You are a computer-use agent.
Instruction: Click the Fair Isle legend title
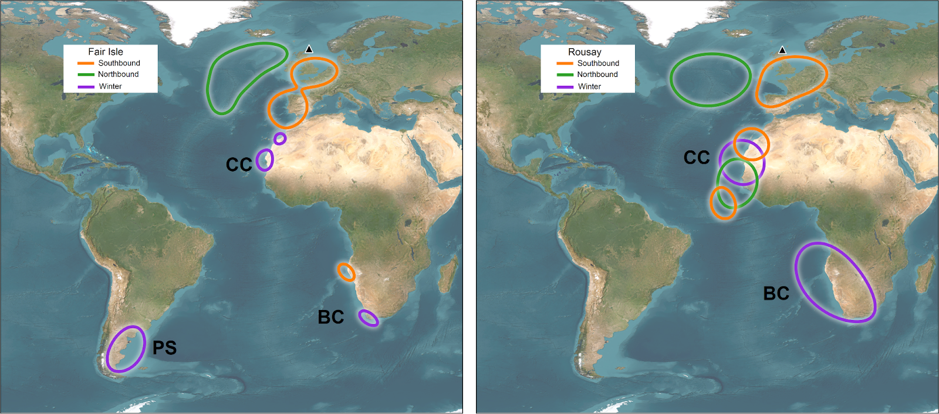coord(106,52)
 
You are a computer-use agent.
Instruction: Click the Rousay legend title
coord(585,52)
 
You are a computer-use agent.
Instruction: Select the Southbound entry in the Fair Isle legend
coord(119,63)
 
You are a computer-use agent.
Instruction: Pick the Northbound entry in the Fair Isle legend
coord(118,75)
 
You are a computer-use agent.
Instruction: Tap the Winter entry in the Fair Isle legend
coord(110,86)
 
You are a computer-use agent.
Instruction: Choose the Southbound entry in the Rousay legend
coord(597,63)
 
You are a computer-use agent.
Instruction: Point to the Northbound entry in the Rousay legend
coord(597,75)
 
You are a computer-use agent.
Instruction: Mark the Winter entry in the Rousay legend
coord(589,86)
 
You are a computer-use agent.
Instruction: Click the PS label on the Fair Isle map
coord(164,348)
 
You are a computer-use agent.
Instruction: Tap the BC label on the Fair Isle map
coord(330,317)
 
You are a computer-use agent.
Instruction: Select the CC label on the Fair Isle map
coord(239,164)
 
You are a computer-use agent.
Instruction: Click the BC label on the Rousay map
coord(776,293)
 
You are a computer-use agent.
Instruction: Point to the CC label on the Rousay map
coord(697,157)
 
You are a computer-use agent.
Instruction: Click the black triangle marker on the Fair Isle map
coord(309,49)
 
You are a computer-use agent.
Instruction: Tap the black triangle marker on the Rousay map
coord(782,51)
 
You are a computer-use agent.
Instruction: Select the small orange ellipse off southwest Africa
coord(346,272)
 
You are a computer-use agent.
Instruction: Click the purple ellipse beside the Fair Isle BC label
coord(369,318)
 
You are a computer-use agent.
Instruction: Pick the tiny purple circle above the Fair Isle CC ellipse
coord(280,139)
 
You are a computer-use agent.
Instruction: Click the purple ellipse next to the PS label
coord(125,349)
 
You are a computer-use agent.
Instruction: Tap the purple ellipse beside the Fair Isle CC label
coord(265,160)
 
